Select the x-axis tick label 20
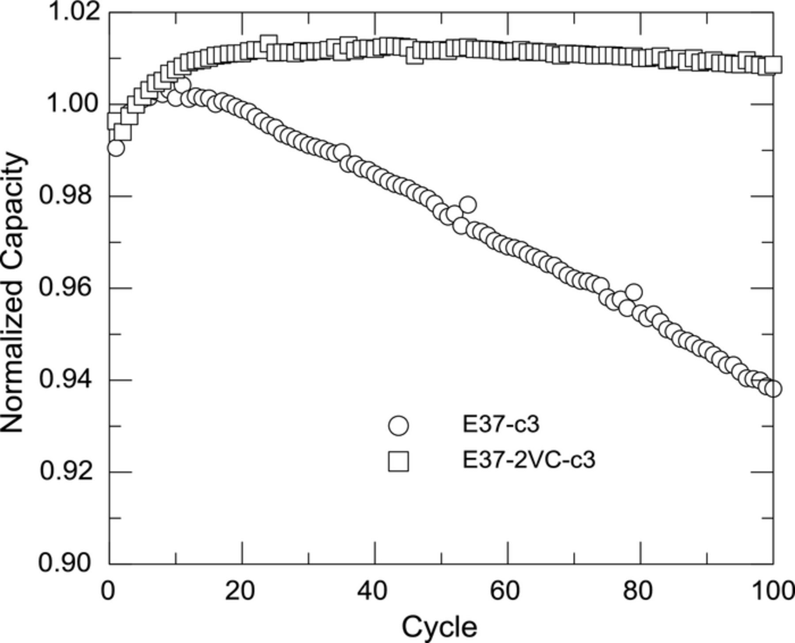pyautogui.click(x=242, y=591)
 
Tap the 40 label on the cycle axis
pyautogui.click(x=375, y=591)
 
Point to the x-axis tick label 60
pyautogui.click(x=507, y=591)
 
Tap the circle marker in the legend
pyautogui.click(x=398, y=426)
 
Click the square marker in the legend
pyautogui.click(x=398, y=461)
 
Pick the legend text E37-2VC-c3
pyautogui.click(x=529, y=460)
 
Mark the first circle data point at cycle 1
pyautogui.click(x=116, y=148)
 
